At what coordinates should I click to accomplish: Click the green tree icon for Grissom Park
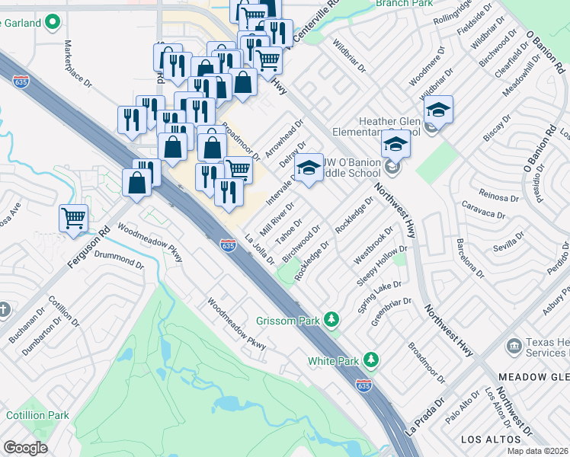click(x=331, y=318)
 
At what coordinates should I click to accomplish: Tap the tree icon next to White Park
click(x=371, y=358)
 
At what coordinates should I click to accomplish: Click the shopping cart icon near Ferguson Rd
click(x=74, y=219)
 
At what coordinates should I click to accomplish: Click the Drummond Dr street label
click(x=118, y=273)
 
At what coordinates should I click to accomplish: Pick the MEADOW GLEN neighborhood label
click(x=533, y=377)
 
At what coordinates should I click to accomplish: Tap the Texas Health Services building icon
click(x=514, y=347)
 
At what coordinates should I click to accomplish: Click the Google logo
click(x=25, y=448)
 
